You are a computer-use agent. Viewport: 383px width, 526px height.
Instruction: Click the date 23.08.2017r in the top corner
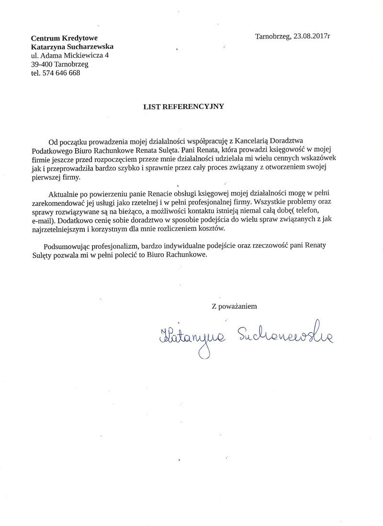310,36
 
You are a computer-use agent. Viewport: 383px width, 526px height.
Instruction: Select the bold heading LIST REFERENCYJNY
184,107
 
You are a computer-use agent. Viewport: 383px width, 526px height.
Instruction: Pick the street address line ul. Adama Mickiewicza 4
69,55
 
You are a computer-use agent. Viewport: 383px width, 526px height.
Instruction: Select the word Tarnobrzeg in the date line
272,36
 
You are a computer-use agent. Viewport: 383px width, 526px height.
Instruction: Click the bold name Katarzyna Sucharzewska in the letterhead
72,47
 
